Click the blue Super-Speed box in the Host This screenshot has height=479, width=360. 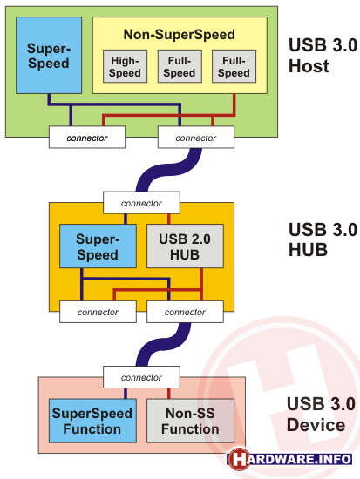[49, 55]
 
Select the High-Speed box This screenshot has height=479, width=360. [126, 66]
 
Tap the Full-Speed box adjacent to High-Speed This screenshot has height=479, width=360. [180, 66]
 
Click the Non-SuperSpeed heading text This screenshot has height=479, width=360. [180, 35]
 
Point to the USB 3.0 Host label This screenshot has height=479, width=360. [323, 55]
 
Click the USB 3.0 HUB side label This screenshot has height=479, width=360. [323, 239]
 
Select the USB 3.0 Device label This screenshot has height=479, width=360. [321, 414]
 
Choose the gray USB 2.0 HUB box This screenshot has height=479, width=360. [185, 246]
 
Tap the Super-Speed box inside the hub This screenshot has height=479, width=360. [98, 246]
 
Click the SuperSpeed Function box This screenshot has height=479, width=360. [92, 421]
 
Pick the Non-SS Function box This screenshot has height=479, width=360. [190, 421]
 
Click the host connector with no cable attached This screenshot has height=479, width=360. [87, 137]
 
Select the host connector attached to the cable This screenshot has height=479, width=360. [196, 137]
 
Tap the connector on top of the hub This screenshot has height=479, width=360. [141, 203]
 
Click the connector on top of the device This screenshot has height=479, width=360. [141, 377]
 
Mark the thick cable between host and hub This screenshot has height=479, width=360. [169, 170]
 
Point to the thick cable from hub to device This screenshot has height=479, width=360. [163, 344]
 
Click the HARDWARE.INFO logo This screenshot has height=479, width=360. [289, 459]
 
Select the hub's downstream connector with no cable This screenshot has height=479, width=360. [98, 312]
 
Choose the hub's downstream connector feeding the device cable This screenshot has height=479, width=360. [185, 312]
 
